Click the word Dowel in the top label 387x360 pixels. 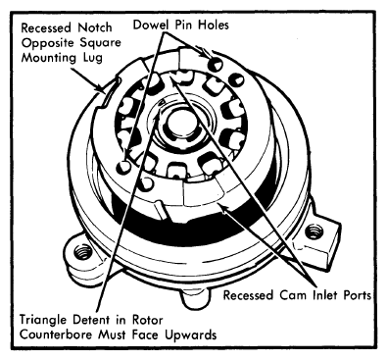tap(151, 25)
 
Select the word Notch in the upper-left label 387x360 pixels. tap(95, 27)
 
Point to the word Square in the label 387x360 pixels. tap(99, 43)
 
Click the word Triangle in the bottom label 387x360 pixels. tap(44, 320)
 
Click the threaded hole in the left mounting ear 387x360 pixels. tap(82, 253)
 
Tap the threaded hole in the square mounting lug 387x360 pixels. tap(314, 231)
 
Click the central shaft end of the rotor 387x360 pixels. tap(181, 125)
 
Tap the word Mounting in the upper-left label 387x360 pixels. tap(46, 59)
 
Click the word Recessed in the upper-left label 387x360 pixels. tap(47, 27)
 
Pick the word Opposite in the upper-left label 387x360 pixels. tap(47, 43)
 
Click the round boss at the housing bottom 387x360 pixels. tap(195, 297)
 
